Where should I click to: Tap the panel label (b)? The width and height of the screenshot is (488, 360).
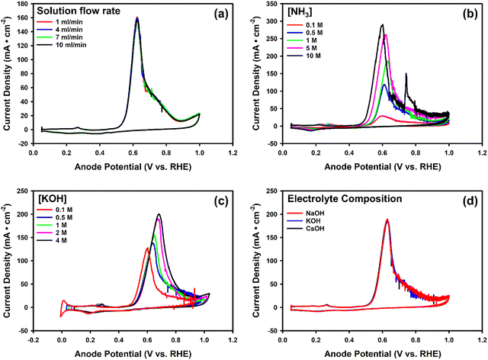click(x=463, y=14)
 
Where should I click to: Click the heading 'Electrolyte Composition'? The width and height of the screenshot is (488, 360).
click(x=335, y=201)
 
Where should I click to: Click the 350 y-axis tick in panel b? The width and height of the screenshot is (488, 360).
click(x=271, y=5)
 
